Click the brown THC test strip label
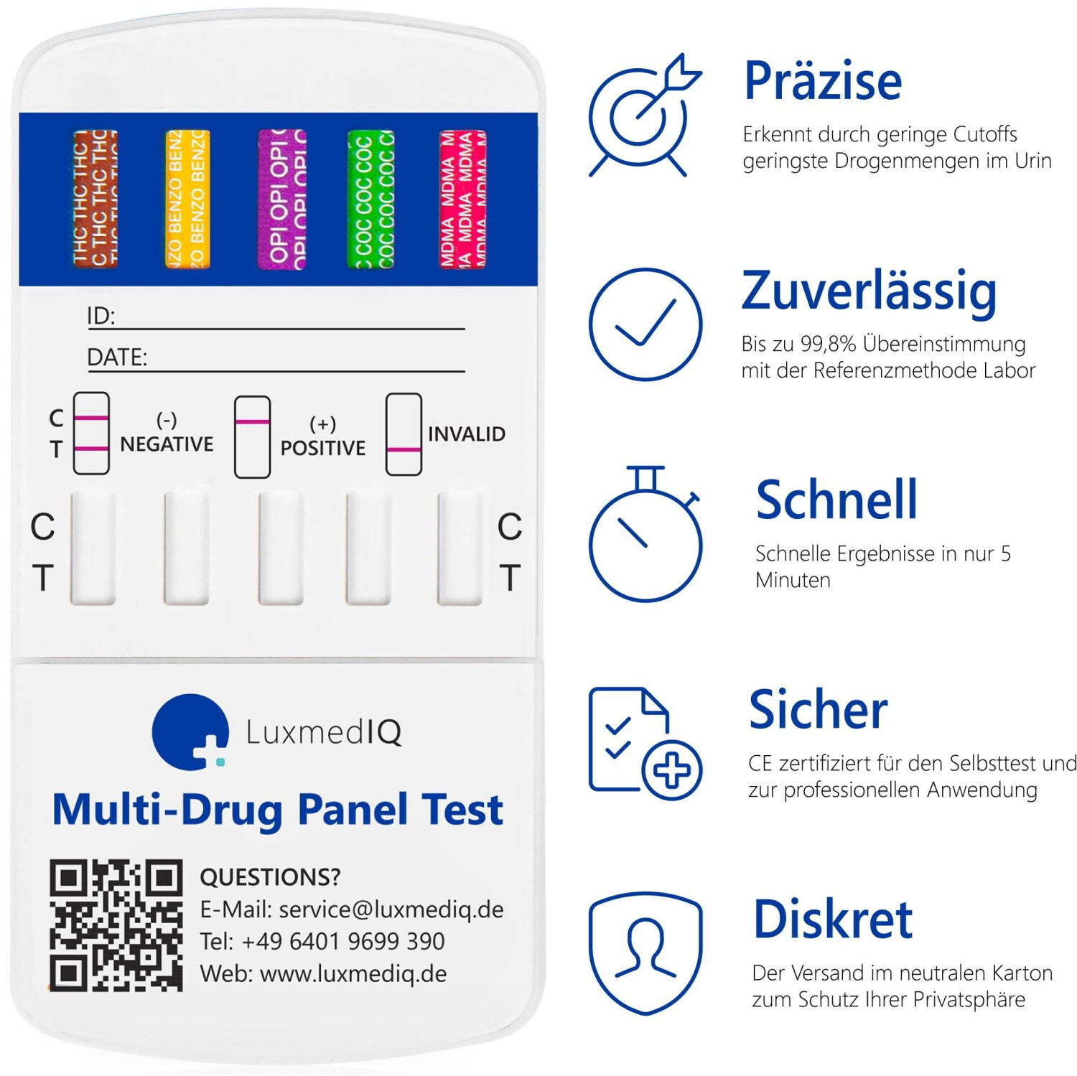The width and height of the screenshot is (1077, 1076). pyautogui.click(x=95, y=199)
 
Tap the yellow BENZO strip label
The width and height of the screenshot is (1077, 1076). pyautogui.click(x=187, y=199)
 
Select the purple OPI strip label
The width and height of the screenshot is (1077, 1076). pyautogui.click(x=282, y=199)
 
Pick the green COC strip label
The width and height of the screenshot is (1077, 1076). pyautogui.click(x=371, y=199)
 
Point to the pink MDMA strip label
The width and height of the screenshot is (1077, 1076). pyautogui.click(x=463, y=199)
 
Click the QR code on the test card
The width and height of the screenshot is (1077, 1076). pyautogui.click(x=116, y=925)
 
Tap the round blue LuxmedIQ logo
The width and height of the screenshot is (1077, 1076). pyautogui.click(x=190, y=731)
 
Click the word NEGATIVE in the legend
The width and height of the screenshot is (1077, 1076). pyautogui.click(x=167, y=444)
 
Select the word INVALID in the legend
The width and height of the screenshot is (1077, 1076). pyautogui.click(x=467, y=434)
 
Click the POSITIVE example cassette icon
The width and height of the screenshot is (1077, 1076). pyautogui.click(x=252, y=437)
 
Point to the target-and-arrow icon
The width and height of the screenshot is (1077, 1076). pyautogui.click(x=644, y=115)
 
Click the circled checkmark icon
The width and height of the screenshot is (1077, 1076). pyautogui.click(x=645, y=324)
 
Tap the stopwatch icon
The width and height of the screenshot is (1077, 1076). pyautogui.click(x=645, y=533)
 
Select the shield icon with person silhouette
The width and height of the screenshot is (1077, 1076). pyautogui.click(x=645, y=953)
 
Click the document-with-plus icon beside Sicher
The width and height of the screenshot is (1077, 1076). pyautogui.click(x=645, y=743)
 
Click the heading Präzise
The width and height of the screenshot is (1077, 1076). pyautogui.click(x=823, y=81)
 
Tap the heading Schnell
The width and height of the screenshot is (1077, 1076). pyautogui.click(x=837, y=500)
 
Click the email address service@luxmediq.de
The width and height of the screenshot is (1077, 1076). pyautogui.click(x=391, y=909)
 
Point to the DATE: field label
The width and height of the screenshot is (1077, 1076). pyautogui.click(x=117, y=357)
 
